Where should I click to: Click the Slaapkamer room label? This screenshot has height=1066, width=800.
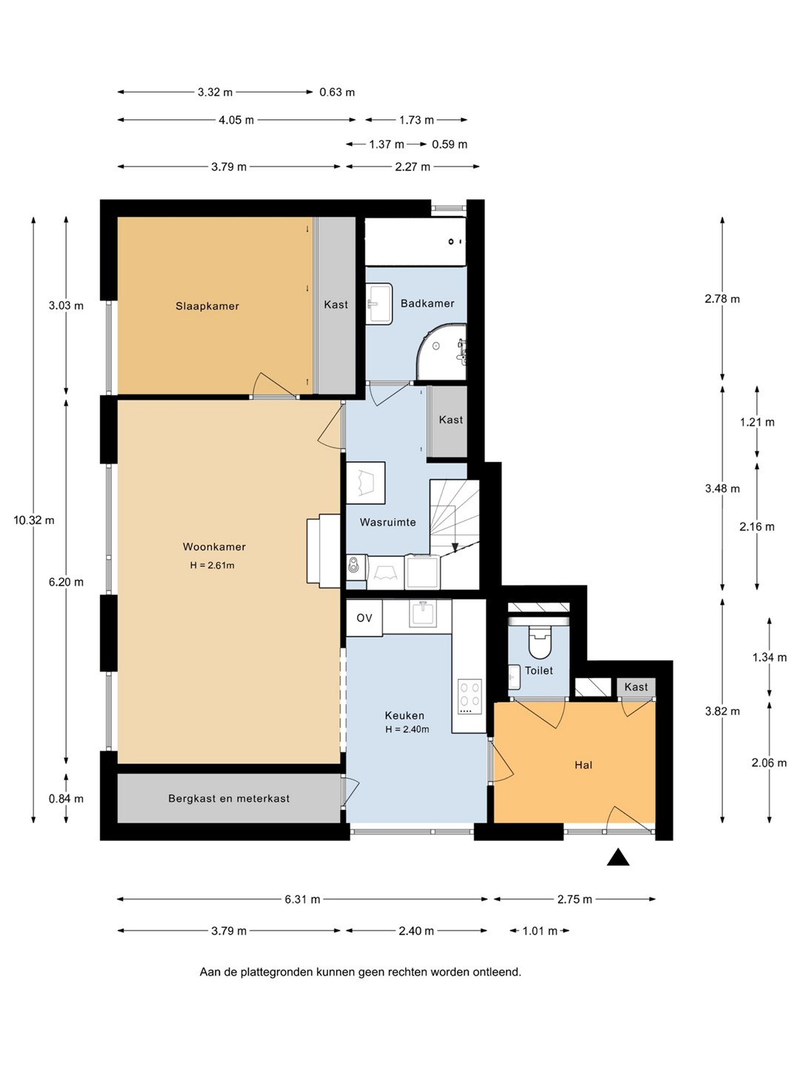click(207, 306)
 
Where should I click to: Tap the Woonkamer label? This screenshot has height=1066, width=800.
click(214, 546)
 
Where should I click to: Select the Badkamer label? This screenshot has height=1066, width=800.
click(427, 303)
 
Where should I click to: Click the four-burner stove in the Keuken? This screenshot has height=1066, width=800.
click(470, 697)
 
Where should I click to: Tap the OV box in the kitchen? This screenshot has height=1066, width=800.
click(364, 617)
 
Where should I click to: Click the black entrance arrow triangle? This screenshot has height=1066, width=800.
click(618, 857)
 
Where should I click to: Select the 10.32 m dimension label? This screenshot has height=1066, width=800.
click(34, 520)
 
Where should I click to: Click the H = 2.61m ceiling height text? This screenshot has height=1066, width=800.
click(213, 566)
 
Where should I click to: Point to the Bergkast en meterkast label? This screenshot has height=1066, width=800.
click(229, 799)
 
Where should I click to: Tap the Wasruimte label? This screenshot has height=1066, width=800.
click(387, 522)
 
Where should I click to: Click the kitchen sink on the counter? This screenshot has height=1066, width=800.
click(424, 614)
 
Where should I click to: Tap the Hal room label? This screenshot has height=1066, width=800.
click(584, 765)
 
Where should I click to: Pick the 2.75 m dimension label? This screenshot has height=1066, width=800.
click(575, 899)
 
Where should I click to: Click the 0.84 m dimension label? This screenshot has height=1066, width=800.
click(66, 799)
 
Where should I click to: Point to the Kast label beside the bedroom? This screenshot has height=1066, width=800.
click(336, 304)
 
